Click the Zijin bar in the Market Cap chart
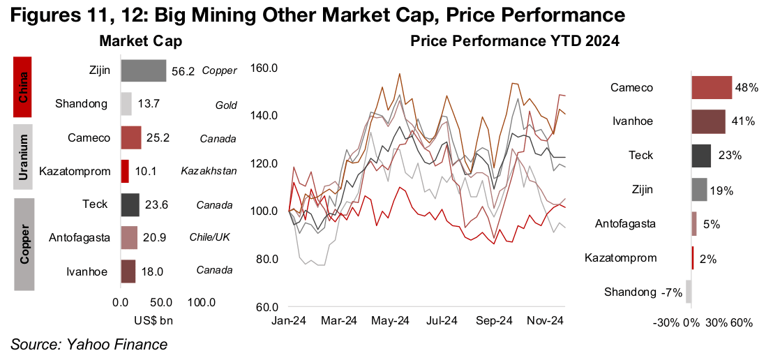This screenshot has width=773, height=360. (x=143, y=70)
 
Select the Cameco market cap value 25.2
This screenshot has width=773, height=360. (x=157, y=137)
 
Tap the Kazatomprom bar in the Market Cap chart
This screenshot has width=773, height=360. (x=125, y=171)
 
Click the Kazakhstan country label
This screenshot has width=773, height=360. (x=209, y=171)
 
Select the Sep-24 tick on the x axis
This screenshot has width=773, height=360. (x=493, y=321)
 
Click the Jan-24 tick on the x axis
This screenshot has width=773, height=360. (x=288, y=321)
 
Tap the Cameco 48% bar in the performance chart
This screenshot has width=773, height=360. (x=712, y=88)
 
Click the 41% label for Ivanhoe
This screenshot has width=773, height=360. (x=744, y=121)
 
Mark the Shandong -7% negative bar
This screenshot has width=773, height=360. (x=688, y=292)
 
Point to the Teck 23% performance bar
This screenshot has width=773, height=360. (x=701, y=156)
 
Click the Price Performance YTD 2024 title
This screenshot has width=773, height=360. (x=515, y=42)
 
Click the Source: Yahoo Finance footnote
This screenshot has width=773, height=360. (x=89, y=344)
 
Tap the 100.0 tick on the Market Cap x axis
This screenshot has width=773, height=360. (x=201, y=303)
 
